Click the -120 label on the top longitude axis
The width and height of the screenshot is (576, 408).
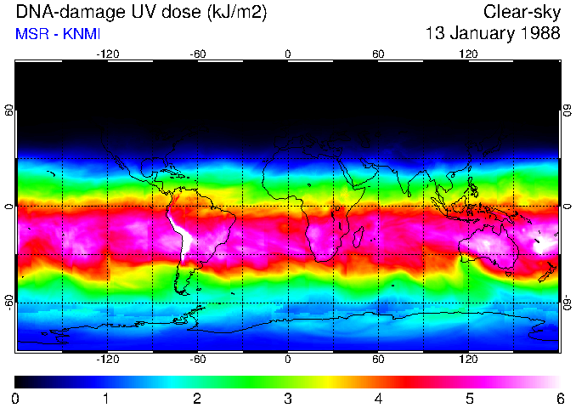(x=107, y=54)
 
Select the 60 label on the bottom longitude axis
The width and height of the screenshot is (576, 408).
(x=378, y=359)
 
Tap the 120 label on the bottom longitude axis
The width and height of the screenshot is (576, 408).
(x=468, y=359)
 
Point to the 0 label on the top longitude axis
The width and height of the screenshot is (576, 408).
(x=288, y=54)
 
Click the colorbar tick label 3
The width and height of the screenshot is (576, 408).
(x=287, y=399)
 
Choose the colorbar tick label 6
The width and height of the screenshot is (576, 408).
(x=559, y=399)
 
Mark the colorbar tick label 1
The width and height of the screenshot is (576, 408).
(x=105, y=399)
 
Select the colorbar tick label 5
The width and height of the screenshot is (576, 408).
(x=468, y=399)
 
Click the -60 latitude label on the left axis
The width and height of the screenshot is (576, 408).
(x=9, y=303)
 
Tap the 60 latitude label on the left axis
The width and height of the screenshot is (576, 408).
(x=9, y=111)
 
